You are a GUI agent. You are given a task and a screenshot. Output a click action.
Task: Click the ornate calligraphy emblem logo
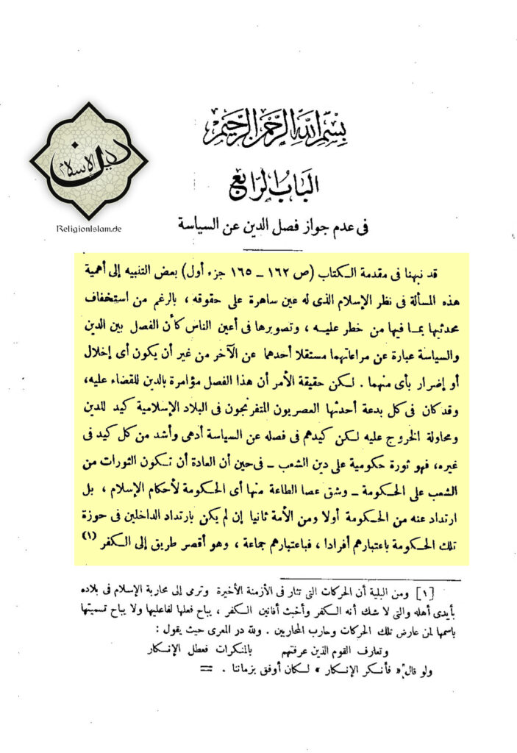(x=89, y=160)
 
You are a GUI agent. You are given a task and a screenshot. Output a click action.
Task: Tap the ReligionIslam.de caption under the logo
(x=88, y=229)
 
